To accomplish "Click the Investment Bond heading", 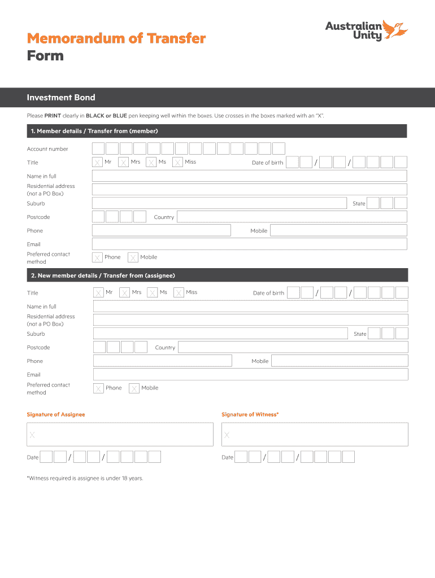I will [61, 98].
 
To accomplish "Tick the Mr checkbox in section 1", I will [98, 163].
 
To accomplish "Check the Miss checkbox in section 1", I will [177, 163].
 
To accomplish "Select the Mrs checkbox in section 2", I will [125, 293].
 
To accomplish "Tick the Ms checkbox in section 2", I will [152, 293].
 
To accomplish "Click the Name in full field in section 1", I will [249, 176].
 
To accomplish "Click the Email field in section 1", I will [249, 244].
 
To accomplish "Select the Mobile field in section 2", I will [339, 361].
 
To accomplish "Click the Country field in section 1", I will [292, 217].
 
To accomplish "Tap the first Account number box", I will [98, 148].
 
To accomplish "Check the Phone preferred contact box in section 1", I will [98, 257].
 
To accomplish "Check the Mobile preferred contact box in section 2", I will [134, 388].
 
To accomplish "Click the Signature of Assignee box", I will [120, 435].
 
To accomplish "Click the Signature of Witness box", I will [315, 435].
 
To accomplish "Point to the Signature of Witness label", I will [250, 414].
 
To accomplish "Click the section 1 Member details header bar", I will [217, 131].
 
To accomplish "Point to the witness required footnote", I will [85, 478].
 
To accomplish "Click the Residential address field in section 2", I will [250, 320].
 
